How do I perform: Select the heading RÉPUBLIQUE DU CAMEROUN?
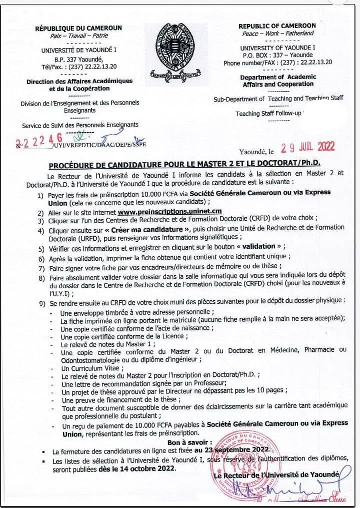[x=78, y=28]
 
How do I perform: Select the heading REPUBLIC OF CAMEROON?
[x=277, y=26]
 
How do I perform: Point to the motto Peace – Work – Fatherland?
[x=278, y=33]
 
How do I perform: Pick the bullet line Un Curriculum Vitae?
[x=85, y=368]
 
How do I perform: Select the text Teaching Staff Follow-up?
[x=268, y=114]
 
